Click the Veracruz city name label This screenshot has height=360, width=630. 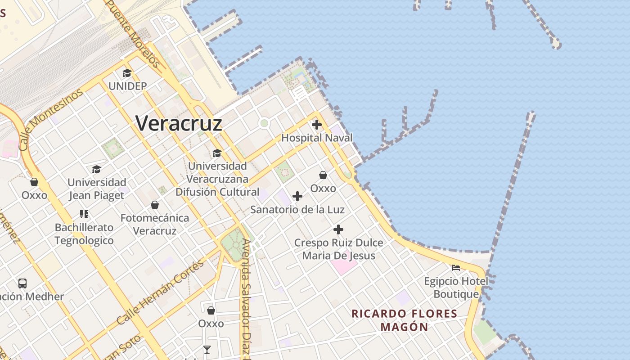pos(179,123)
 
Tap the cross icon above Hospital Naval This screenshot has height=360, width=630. pos(317,125)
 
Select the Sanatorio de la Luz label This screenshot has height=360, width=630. pos(297,210)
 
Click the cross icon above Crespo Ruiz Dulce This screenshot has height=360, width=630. pos(338,229)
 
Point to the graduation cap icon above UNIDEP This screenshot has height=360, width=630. pos(127,73)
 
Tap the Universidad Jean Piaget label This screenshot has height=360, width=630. pos(97,189)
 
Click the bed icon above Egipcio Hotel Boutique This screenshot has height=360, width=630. pos(456,268)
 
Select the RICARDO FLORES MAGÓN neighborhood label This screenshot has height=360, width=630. pos(404,320)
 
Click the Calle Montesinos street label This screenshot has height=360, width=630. pos(51,119)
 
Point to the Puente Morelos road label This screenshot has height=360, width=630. pos(134,34)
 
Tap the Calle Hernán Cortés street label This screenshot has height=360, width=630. pos(160,292)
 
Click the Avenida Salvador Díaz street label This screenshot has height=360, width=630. pos(246,297)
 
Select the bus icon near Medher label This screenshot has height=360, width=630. pos(22,283)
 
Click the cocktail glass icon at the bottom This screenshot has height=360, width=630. pos(207,350)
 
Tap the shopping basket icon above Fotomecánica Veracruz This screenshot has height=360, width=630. pos(155,205)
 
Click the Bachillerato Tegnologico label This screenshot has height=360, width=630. pos(84,234)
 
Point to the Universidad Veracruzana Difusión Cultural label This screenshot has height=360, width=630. pos(217,179)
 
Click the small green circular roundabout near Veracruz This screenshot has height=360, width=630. pos(264,123)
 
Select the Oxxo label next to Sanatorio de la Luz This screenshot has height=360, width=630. pos(323,188)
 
